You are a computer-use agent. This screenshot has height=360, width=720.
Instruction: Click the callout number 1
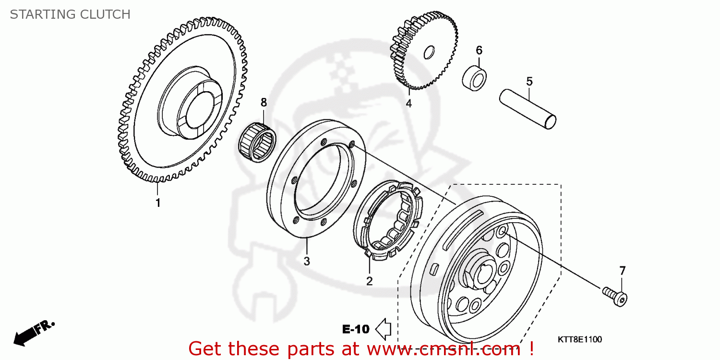coord(157,203)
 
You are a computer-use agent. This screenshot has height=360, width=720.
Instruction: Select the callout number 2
coord(369,281)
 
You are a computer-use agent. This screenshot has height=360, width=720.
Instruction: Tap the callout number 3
coord(307,261)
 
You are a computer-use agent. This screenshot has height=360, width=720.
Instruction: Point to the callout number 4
coord(408,103)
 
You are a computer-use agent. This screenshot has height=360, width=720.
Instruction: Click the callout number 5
coord(529,82)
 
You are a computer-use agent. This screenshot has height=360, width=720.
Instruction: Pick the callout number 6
coord(479,50)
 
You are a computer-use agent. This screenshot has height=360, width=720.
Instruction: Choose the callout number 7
coord(622,271)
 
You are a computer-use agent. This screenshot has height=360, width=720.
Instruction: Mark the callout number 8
coord(263,102)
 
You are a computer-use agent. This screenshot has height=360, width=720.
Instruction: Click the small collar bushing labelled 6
coord(475,77)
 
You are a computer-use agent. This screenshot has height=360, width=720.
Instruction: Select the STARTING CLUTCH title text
coord(70,14)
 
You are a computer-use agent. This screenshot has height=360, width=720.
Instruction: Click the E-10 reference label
coord(356,329)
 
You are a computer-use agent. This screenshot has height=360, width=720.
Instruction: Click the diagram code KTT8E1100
coord(579,340)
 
